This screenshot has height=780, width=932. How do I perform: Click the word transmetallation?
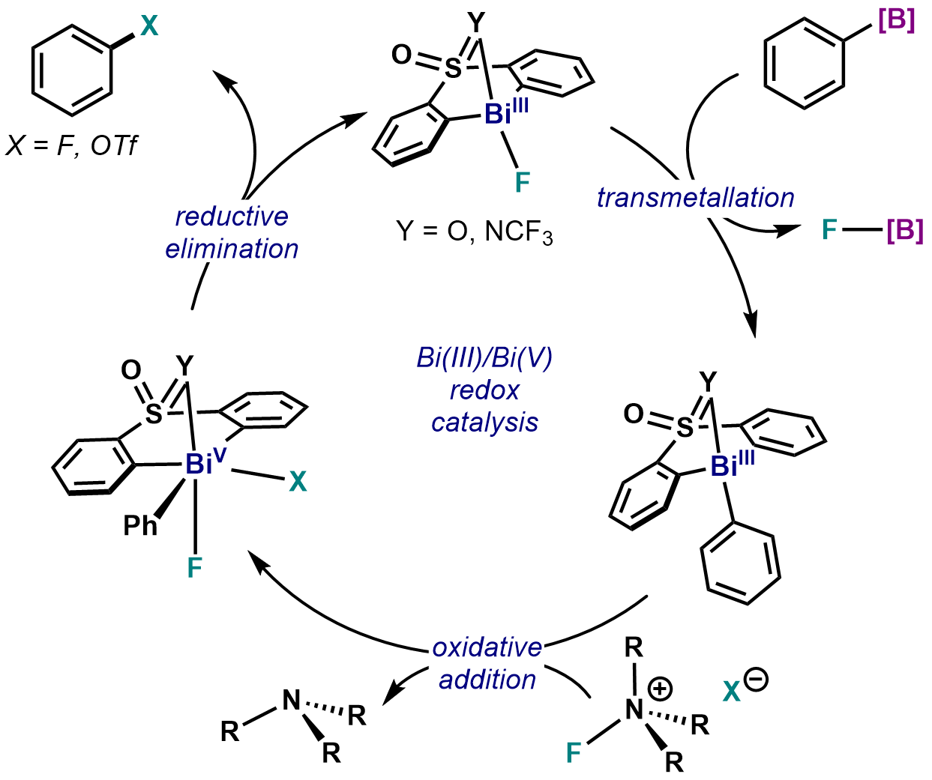[695, 198]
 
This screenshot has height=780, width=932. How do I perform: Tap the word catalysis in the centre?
[484, 422]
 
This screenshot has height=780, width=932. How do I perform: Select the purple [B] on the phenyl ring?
[896, 21]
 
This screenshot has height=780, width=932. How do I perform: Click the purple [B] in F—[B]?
[904, 230]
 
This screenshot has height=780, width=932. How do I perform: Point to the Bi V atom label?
[203, 464]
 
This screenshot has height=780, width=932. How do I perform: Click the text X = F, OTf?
[72, 145]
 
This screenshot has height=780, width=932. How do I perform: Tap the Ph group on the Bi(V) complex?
[140, 525]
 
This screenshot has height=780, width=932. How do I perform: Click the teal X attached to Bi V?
[298, 482]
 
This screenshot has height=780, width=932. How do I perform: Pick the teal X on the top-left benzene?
[149, 27]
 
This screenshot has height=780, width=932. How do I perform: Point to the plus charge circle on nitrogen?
[660, 688]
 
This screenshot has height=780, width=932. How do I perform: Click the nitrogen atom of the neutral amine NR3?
[291, 701]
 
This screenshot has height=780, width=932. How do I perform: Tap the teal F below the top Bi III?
[522, 182]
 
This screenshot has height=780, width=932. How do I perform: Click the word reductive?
[232, 217]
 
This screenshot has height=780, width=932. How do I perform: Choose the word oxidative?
[487, 647]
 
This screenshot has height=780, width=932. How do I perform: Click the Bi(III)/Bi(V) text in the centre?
[484, 358]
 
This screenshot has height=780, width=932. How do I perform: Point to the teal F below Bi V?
[195, 568]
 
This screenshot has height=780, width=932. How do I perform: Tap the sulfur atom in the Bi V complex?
[153, 412]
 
